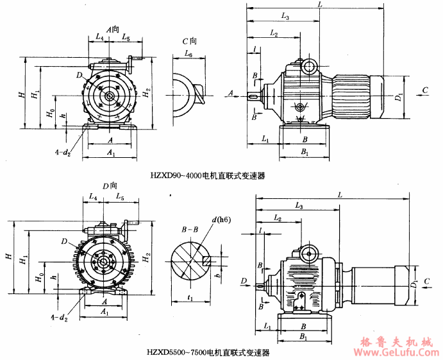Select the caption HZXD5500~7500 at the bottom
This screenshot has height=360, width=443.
pyautogui.click(x=208, y=351)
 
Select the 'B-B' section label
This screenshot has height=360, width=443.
pyautogui.click(x=189, y=228)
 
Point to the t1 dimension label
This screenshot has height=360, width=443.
pyautogui.click(x=192, y=298)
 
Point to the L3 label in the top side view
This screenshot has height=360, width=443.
pyautogui.click(x=285, y=16)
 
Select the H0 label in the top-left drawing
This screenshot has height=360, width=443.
pyautogui.click(x=51, y=114)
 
